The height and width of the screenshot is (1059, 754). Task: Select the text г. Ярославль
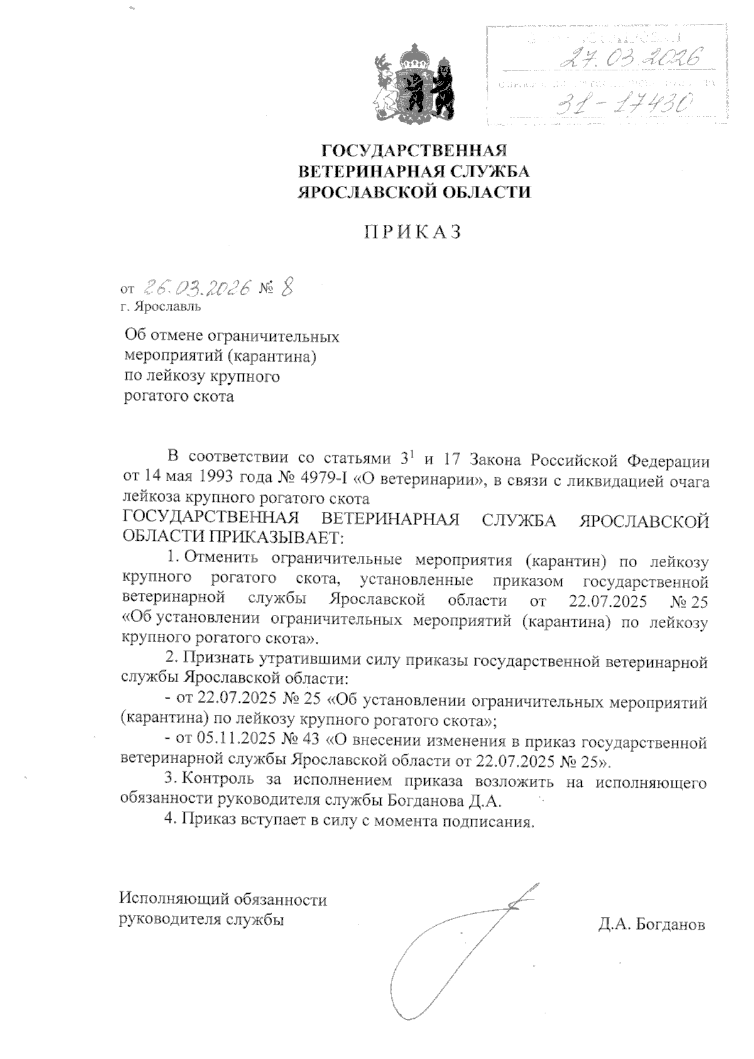[x=161, y=307]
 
